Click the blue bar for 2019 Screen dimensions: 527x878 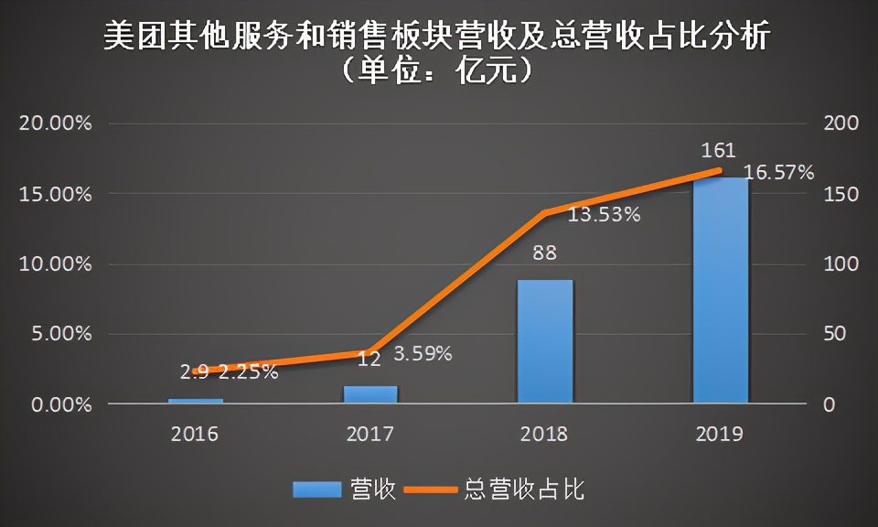pyautogui.click(x=721, y=290)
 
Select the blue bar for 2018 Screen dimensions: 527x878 pyautogui.click(x=545, y=341)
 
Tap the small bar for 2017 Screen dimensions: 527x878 pyautogui.click(x=370, y=394)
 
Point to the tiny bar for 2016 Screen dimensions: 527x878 pyautogui.click(x=195, y=401)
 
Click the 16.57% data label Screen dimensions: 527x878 pyautogui.click(x=778, y=172)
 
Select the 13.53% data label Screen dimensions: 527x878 pyautogui.click(x=605, y=216)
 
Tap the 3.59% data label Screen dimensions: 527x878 pyautogui.click(x=423, y=354)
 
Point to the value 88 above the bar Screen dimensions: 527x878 pyautogui.click(x=544, y=253)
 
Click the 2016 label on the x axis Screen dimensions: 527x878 pyautogui.click(x=195, y=434)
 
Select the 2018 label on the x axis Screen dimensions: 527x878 pyautogui.click(x=546, y=434)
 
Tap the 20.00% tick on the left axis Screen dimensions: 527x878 pyautogui.click(x=56, y=124)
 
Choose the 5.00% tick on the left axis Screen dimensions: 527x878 pyautogui.click(x=59, y=334)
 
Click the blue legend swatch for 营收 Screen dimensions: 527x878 pyautogui.click(x=316, y=489)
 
